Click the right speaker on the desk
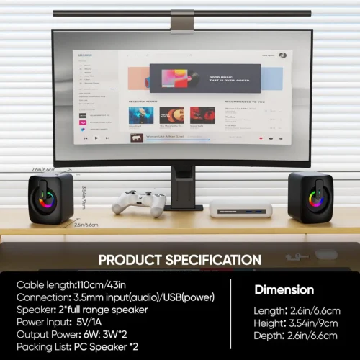[310, 197]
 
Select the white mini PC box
[240, 210]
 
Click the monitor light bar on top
[181, 12]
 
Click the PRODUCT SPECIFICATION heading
[179, 260]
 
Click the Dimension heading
[284, 290]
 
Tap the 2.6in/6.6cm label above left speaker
[44, 169]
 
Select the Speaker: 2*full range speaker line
[83, 310]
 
